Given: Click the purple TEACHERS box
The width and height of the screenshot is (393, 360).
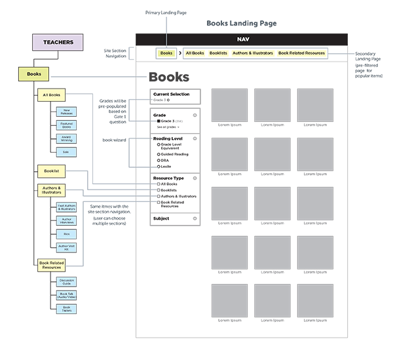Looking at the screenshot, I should coord(58,43).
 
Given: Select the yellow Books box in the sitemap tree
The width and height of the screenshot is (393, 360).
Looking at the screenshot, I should coord(34,74).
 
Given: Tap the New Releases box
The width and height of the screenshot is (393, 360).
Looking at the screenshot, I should coord(65,112).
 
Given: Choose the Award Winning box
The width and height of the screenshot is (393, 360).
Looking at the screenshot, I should coord(65,138).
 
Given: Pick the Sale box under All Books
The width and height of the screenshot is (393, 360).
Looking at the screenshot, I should coord(65,151).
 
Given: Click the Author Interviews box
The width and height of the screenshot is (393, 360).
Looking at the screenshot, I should coord(65,221).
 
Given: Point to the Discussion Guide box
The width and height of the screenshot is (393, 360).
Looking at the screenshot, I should coord(67,281).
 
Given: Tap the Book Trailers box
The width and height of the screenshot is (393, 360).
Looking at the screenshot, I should coord(67,308).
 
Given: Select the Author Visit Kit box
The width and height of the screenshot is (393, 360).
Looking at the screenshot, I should coord(65,248).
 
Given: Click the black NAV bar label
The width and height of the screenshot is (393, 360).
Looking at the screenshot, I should coord(242,39).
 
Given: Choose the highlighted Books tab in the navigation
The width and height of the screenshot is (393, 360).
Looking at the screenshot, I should coord(166,52).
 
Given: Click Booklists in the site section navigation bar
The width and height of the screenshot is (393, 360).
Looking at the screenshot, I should coord(219,52).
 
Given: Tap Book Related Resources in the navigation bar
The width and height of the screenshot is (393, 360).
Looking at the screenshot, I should coord(301,52).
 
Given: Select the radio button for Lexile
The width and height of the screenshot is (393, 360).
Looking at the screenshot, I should coord(159,167).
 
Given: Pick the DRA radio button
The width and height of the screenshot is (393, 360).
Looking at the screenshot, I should coord(159,160).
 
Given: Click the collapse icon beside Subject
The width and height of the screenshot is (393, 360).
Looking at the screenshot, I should coord(195,218).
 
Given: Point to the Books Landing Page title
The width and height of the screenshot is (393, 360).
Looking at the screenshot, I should coord(242,23).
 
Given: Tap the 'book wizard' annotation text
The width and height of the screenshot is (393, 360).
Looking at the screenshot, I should coord(115,140).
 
